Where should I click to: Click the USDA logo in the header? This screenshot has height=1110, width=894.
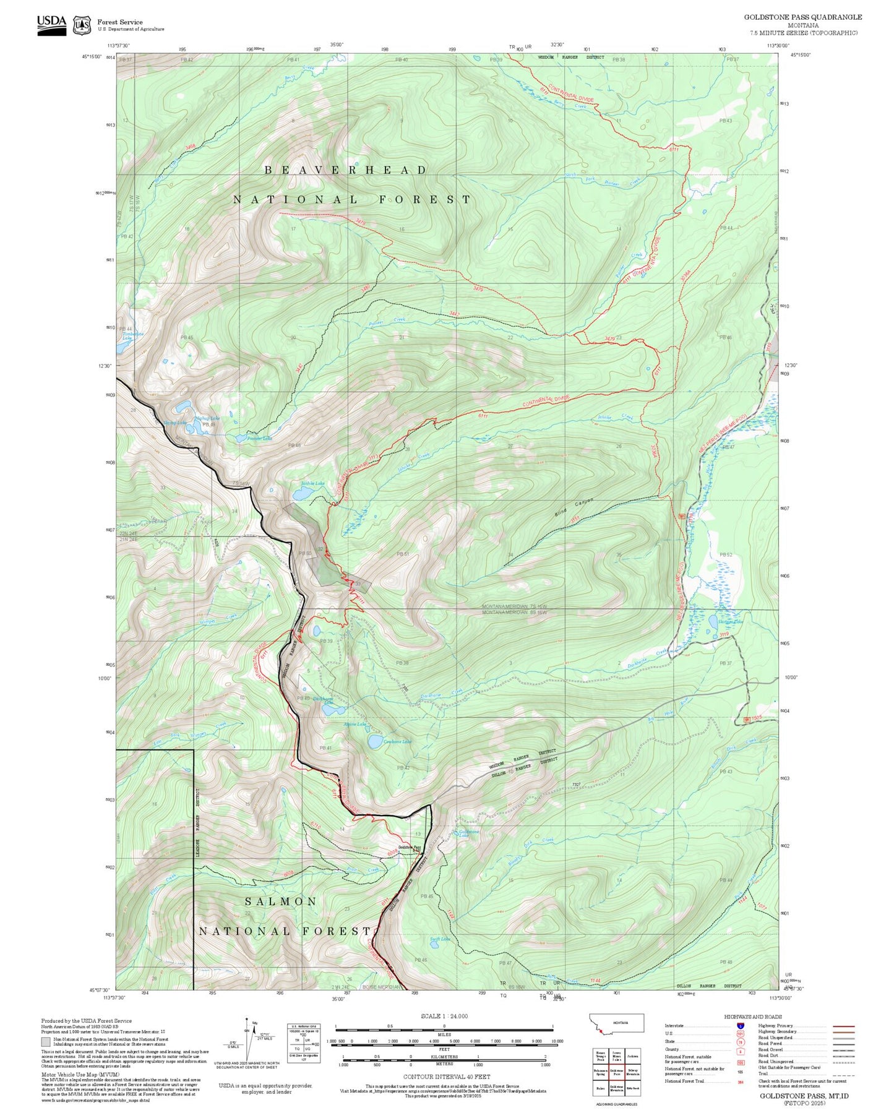click(x=51, y=24)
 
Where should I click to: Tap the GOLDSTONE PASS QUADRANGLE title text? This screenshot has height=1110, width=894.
click(x=802, y=17)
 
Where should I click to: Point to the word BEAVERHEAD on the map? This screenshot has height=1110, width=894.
click(x=346, y=170)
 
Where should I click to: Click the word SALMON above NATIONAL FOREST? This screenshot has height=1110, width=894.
click(x=281, y=901)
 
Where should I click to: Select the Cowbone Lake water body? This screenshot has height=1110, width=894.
click(x=374, y=741)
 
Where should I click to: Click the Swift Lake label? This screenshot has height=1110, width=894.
click(x=440, y=939)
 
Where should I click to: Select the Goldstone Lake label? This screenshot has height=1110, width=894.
click(x=469, y=833)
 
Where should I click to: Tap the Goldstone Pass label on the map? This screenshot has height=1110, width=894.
click(x=409, y=847)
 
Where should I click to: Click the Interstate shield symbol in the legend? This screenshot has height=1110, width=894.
click(x=740, y=1026)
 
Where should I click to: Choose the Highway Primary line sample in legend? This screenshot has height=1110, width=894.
click(x=843, y=1026)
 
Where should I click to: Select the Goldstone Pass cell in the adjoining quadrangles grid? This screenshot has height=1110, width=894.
click(x=616, y=1072)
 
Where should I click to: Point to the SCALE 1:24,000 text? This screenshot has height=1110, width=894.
click(x=444, y=1016)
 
